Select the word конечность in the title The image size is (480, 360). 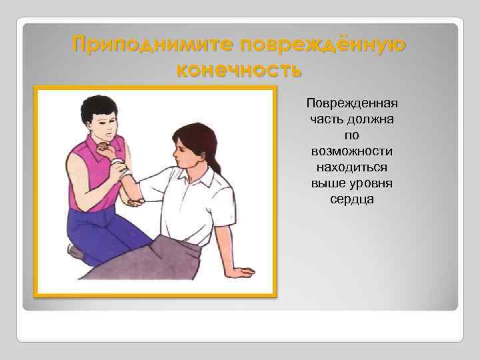coord(239,69)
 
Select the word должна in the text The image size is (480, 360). coord(372,120)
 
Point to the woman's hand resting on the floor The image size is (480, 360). coord(240,271)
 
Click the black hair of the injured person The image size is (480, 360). coord(98,107)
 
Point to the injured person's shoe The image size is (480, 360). coord(75,252)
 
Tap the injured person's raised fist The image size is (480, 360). coord(105,151)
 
